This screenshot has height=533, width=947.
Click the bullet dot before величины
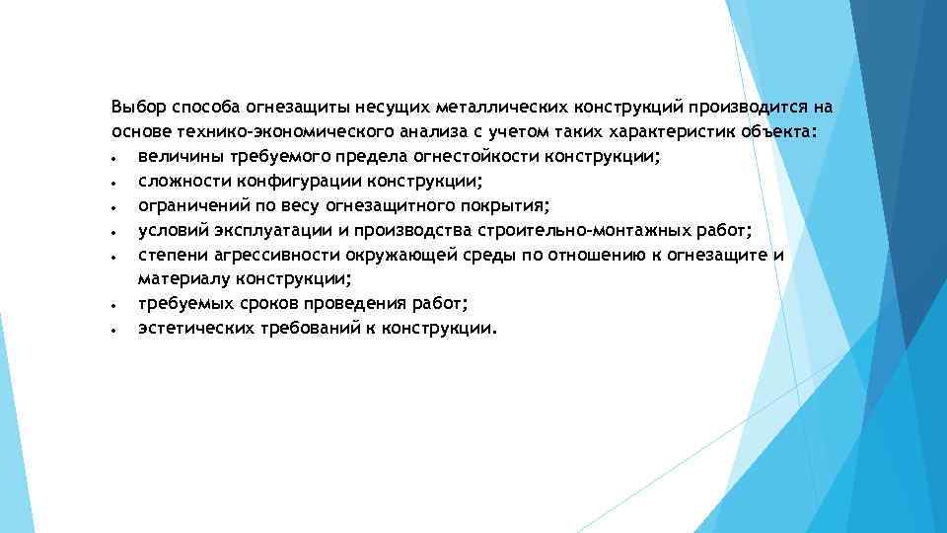(115, 157)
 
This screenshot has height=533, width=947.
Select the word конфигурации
(293, 182)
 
